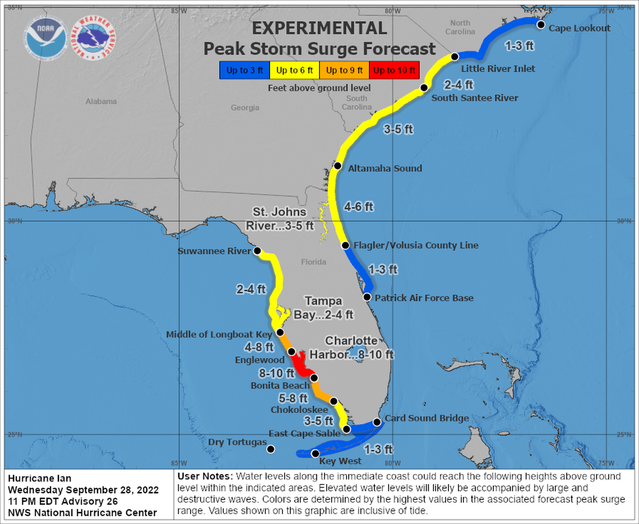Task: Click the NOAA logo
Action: point(46,40)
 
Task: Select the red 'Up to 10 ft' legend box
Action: point(395,70)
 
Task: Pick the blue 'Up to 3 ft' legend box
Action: point(244,70)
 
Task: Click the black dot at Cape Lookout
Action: point(541,25)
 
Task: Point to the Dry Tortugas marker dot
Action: point(270,449)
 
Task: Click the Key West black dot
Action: point(315,453)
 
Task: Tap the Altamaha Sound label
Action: point(385,168)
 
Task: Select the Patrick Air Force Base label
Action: point(424,298)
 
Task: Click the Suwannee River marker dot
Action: point(257,251)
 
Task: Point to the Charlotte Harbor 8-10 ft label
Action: point(359,348)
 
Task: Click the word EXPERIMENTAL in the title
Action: point(319,29)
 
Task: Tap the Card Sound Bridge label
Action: point(427,418)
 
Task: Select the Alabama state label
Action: point(101,101)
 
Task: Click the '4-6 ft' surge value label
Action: point(359,207)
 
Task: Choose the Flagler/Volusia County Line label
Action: point(416,245)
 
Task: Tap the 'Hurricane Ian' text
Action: point(35,478)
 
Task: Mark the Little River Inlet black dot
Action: point(455,57)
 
